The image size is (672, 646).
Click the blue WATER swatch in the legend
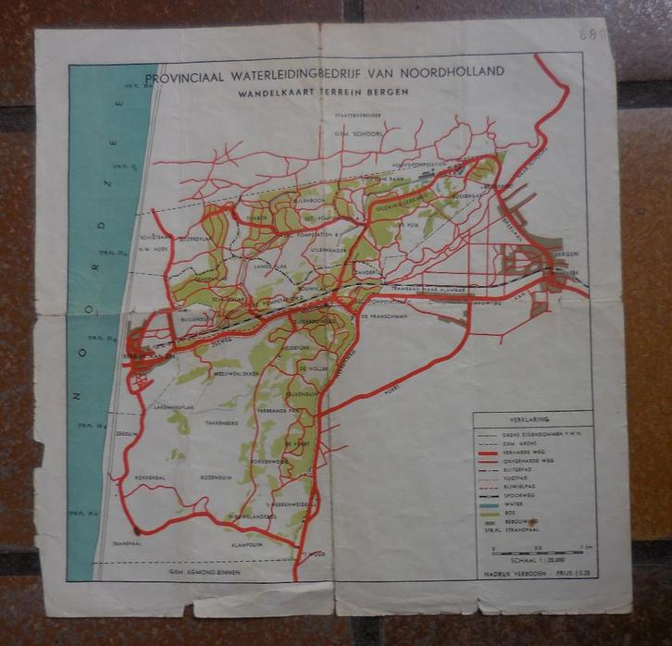[490, 503]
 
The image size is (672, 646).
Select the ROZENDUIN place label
[214, 478]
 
